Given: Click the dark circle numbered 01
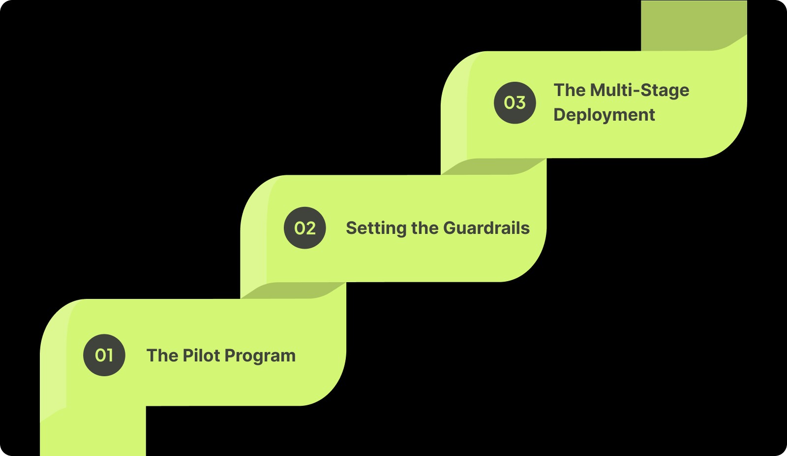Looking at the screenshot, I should coord(104,355).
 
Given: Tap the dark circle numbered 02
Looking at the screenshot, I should coord(305,228).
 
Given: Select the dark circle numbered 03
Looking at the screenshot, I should coord(515,102).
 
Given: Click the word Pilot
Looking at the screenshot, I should coord(201,355).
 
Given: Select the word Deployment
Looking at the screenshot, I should coord(604,115).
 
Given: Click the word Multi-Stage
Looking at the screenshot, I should coord(639,90).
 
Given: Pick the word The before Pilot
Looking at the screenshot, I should coord(162,355).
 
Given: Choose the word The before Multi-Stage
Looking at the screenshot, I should coord(569,90).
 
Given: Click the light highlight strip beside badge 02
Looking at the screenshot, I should coord(254,236).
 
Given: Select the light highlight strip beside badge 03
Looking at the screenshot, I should coord(454,113).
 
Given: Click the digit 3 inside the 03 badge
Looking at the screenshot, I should coord(520,102).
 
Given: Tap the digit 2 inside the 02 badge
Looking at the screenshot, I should coord(310,228).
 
